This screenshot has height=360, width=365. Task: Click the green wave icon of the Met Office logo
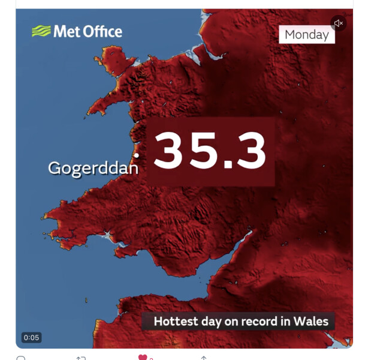[x=41, y=31]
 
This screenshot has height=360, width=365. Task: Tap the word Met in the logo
[x=66, y=31]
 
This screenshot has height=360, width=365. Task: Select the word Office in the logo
[x=101, y=31]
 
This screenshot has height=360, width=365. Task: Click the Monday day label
[x=306, y=34]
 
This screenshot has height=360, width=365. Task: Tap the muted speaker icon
[x=339, y=23]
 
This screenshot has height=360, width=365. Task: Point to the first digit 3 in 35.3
[x=174, y=150]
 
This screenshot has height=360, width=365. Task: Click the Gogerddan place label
[x=93, y=167]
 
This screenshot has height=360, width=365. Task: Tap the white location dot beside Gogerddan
[x=137, y=155]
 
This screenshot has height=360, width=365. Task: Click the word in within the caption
[x=285, y=321]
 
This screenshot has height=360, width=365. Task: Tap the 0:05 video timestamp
[x=31, y=337]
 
